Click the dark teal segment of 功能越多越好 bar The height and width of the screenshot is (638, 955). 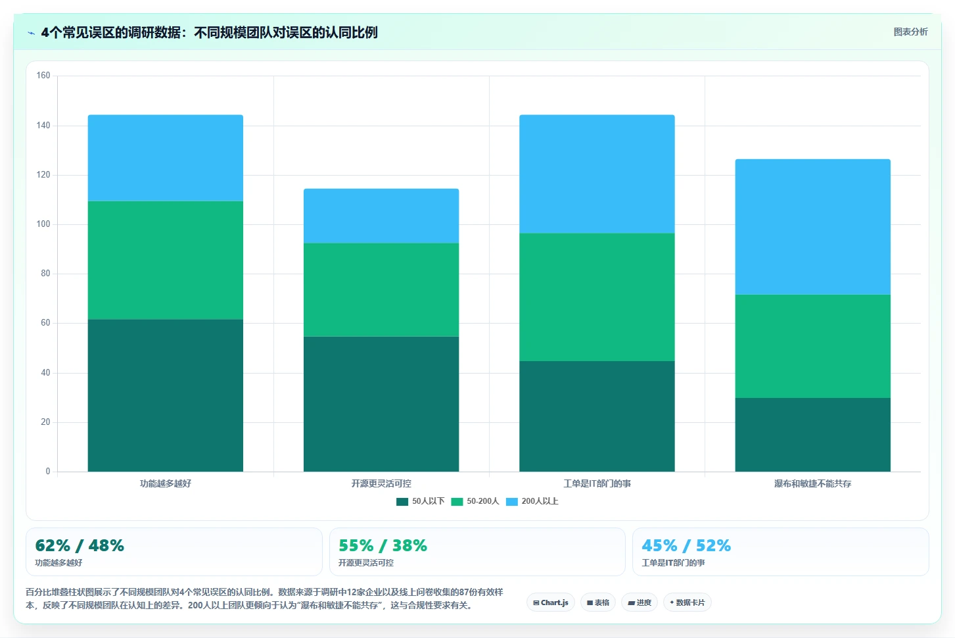tap(166, 395)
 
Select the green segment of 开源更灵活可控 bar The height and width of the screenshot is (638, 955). tap(381, 290)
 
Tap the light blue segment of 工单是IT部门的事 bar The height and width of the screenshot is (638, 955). tap(597, 174)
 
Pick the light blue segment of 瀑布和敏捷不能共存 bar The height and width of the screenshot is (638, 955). tap(812, 227)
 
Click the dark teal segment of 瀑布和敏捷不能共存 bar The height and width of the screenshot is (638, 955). tap(812, 435)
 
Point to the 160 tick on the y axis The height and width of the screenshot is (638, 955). tap(43, 76)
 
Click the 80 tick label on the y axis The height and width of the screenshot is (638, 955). tap(45, 273)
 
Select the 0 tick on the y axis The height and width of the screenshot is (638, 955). tap(48, 471)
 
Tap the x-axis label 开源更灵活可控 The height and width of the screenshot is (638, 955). tap(381, 483)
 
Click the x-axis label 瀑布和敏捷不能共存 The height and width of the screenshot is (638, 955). tap(812, 483)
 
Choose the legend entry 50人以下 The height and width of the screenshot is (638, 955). tap(421, 501)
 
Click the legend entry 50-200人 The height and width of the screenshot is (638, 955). tap(475, 501)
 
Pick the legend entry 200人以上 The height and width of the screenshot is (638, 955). tap(532, 501)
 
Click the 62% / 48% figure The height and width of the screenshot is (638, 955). tap(80, 545)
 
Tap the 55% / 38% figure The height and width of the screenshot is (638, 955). tap(383, 545)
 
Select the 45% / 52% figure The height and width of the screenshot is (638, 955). tap(686, 545)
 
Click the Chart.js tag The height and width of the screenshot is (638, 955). tap(551, 602)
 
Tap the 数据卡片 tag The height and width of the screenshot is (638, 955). tap(687, 602)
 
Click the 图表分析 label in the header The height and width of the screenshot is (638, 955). tap(911, 32)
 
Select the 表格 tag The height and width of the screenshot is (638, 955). tap(598, 602)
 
